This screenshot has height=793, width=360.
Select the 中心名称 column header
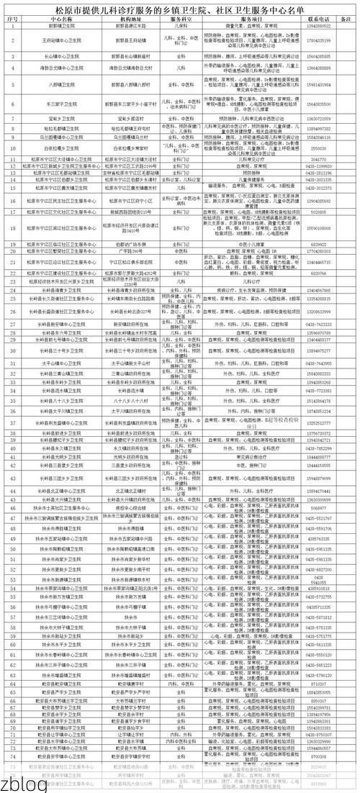[63, 17]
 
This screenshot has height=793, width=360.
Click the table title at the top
[180, 7]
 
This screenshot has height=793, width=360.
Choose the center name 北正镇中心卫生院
[63, 471]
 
